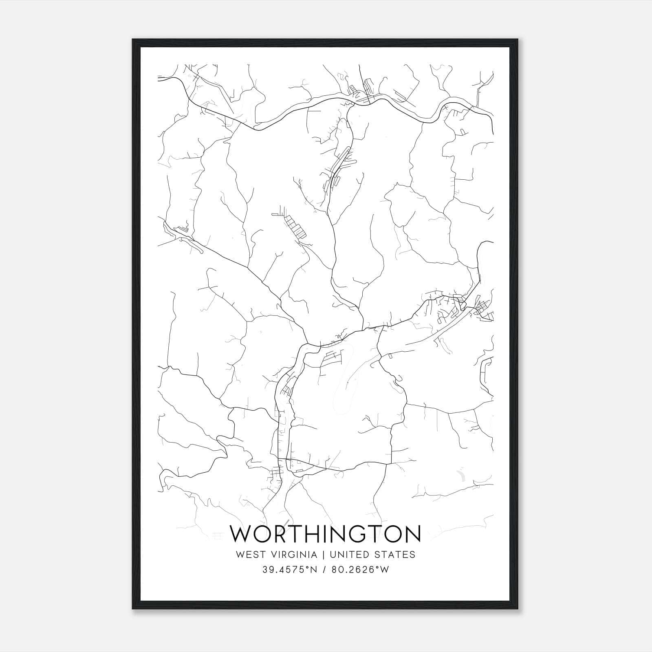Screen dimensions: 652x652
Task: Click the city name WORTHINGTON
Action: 325,533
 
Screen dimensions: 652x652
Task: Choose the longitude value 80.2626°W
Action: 360,570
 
